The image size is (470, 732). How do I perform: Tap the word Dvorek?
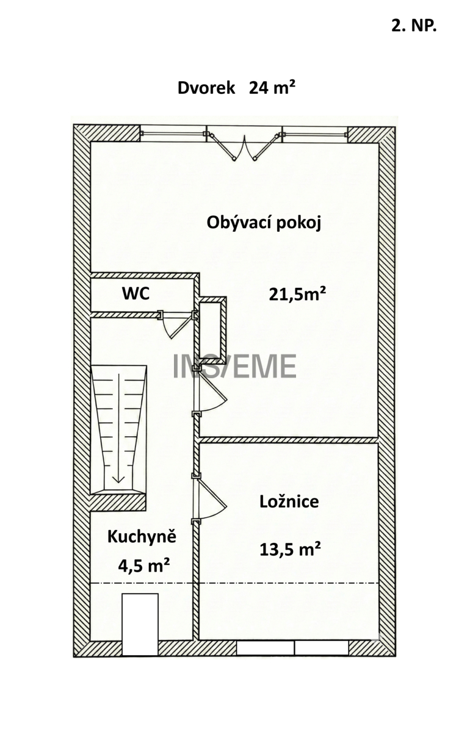[x=206, y=88]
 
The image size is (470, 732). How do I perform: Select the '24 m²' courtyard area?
[x=272, y=88]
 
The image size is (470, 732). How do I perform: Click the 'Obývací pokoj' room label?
[x=264, y=224]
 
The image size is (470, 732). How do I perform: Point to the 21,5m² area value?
[x=297, y=295]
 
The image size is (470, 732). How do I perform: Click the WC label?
[x=136, y=293]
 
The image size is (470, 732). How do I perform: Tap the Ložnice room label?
[x=289, y=501]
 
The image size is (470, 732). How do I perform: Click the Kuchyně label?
[x=142, y=537]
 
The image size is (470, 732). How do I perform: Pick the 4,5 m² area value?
[x=143, y=565]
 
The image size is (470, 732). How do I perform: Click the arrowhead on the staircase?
[x=118, y=479]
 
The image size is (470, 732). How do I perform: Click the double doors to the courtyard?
[x=244, y=145]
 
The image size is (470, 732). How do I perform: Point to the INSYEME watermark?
[x=234, y=367]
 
